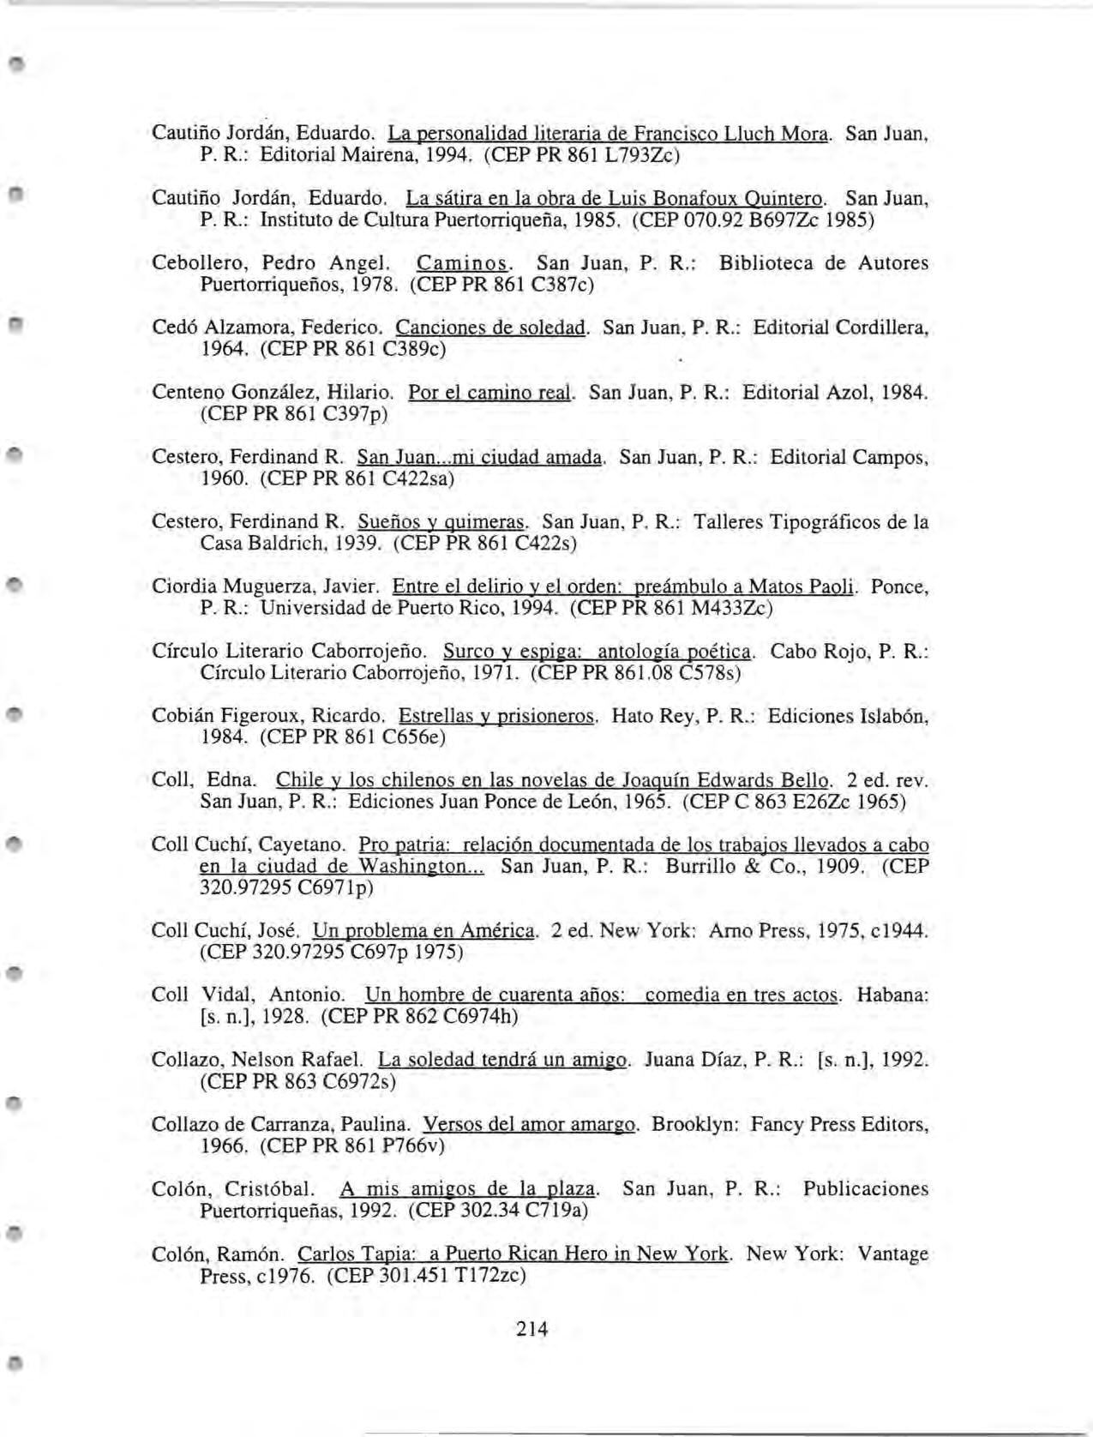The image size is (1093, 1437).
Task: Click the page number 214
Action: point(531,1329)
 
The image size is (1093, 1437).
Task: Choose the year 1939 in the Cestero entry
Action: point(358,543)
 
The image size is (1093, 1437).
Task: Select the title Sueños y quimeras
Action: point(441,521)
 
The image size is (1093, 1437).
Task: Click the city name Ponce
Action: point(898,587)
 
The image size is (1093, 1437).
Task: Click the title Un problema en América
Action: point(425,930)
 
